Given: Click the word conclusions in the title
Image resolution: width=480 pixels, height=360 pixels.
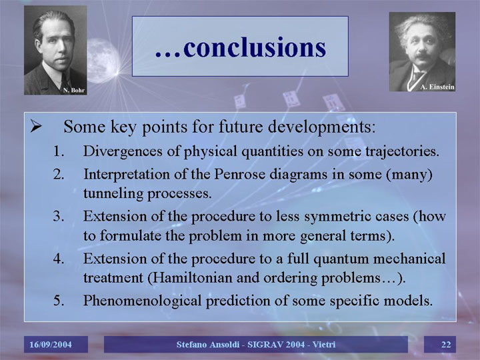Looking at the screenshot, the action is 255,48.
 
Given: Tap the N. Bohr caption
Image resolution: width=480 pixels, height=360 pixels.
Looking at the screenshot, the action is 74,90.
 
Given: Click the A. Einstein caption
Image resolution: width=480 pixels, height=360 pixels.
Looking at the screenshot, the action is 437,87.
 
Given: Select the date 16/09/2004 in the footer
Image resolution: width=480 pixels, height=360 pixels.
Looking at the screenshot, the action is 51,345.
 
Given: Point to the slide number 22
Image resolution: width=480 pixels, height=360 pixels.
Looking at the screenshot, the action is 446,345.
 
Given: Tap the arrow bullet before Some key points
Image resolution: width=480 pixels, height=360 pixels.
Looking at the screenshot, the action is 36,126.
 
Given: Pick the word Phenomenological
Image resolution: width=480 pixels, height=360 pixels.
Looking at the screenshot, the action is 143,301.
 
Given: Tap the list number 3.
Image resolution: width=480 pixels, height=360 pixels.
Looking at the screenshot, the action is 59,217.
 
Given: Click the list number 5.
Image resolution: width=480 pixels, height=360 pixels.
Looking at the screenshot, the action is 59,301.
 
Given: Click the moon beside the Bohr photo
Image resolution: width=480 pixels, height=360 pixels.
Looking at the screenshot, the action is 103,61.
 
